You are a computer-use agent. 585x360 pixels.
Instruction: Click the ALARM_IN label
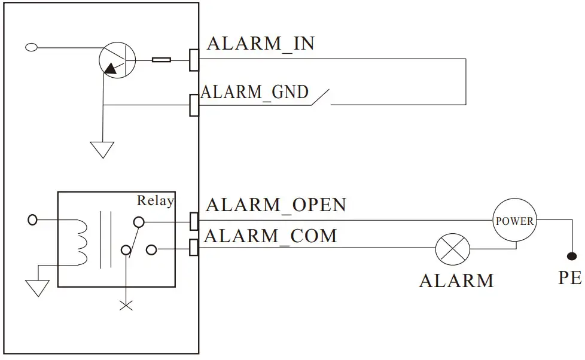pos(260,44)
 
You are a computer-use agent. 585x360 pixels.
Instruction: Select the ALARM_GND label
pos(255,92)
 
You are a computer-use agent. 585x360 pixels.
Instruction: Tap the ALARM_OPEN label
pos(276,205)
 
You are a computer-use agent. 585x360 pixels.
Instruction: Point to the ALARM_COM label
pos(270,236)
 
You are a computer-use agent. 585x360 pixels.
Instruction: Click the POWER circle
pos(514,221)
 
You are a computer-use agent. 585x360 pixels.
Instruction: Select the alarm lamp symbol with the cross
pos(452,248)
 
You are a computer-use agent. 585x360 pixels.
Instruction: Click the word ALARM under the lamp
pos(456,280)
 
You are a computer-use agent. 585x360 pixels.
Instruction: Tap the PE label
pos(569,278)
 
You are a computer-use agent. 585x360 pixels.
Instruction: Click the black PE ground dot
pos(572,257)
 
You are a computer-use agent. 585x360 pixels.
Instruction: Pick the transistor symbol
pos(117,60)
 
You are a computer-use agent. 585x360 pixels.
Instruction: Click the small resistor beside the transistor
pos(162,59)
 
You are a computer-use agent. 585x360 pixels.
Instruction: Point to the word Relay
pos(156,201)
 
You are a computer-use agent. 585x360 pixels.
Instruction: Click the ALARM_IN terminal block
pos(194,59)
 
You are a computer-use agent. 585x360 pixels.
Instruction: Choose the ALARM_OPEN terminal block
pos(194,221)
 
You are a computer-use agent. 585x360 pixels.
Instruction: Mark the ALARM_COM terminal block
pos(194,247)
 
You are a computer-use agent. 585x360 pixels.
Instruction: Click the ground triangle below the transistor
pos(102,149)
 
